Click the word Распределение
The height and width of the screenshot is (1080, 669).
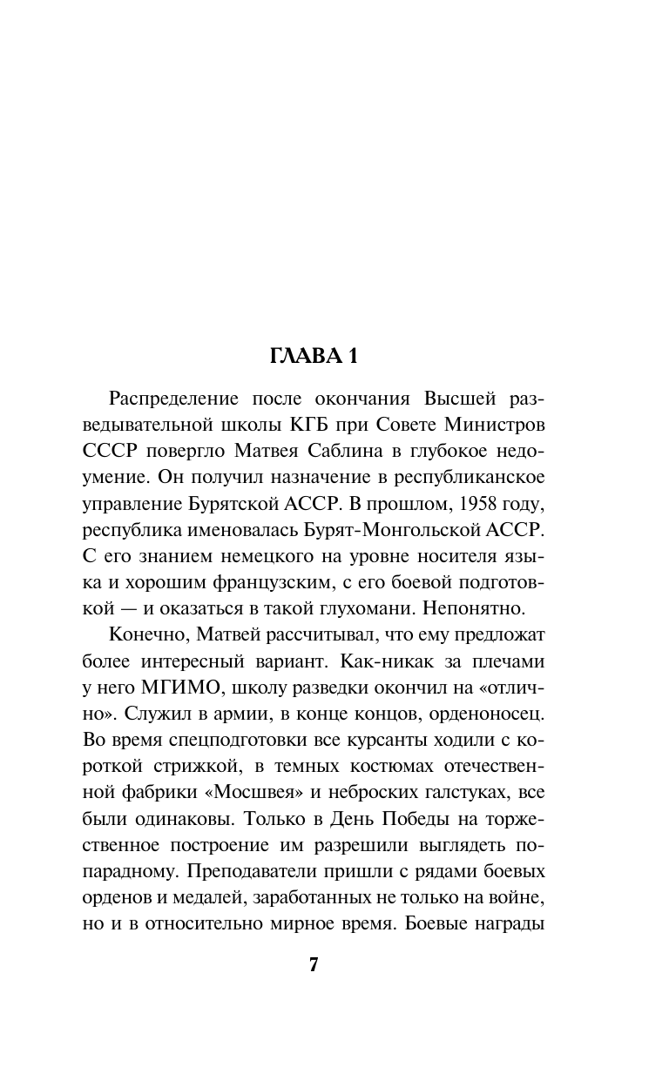174,399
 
